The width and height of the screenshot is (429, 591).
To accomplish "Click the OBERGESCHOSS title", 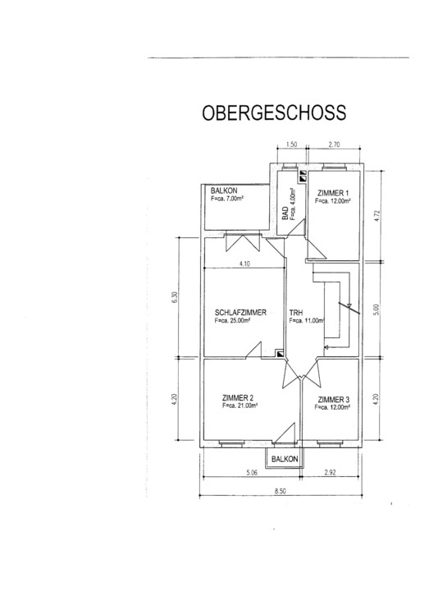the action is (274, 112).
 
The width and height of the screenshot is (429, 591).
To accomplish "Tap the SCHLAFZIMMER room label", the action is (240, 313).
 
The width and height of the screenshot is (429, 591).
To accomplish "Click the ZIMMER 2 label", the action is (238, 397).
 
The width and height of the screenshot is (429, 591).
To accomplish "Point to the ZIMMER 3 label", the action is (333, 400).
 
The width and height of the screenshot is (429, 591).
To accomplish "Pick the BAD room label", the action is (285, 213).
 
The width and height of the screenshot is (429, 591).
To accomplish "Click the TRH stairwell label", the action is (296, 313).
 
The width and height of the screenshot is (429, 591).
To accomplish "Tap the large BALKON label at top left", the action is (224, 190).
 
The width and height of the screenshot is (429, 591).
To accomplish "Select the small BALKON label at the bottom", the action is (285, 459).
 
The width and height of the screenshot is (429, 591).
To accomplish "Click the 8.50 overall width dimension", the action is (281, 491).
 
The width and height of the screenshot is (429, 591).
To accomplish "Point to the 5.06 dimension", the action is (251, 472).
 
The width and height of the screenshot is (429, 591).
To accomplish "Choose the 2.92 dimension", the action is (330, 472).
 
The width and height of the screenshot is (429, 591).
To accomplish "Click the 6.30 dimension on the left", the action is (174, 298).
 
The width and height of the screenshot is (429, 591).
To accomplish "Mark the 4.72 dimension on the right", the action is (377, 216).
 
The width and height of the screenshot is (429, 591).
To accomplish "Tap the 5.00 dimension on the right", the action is (378, 309).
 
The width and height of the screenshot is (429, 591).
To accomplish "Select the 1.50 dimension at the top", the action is (291, 144).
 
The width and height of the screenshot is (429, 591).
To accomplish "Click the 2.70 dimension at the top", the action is (334, 144).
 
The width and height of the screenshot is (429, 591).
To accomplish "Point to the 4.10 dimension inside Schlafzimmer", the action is (244, 263).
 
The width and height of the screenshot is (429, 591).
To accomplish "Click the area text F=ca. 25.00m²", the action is (233, 321).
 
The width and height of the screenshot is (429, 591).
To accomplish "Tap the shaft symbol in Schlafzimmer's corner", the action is (281, 354).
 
